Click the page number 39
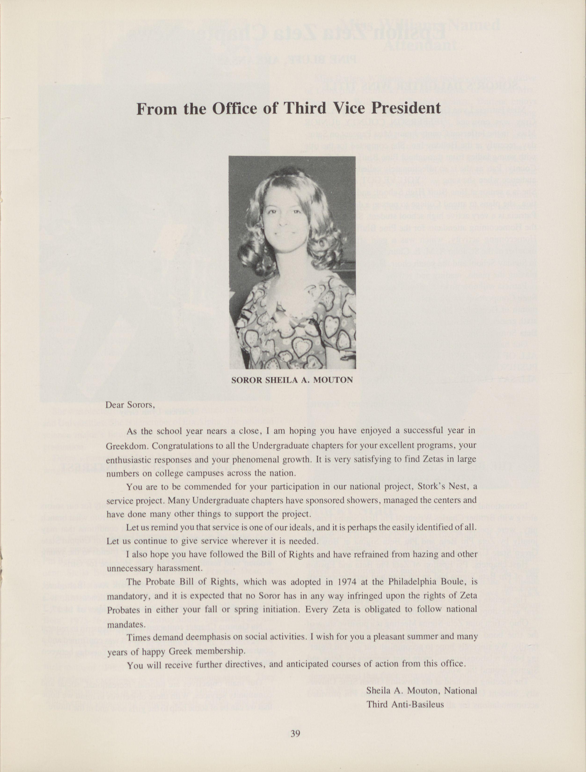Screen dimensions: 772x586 (x=295, y=733)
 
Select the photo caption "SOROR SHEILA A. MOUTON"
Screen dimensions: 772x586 (x=292, y=380)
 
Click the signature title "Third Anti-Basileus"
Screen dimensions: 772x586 (x=405, y=704)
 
